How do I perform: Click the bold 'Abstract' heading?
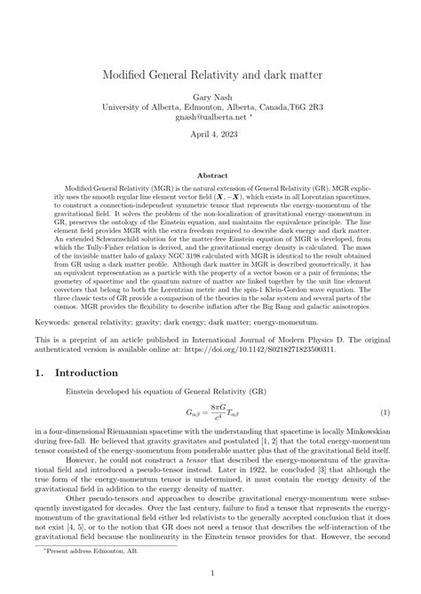(210, 176)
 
